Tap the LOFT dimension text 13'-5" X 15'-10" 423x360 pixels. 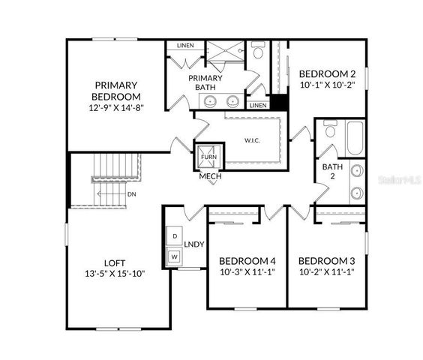(x=114, y=273)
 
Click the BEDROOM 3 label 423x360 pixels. (x=326, y=261)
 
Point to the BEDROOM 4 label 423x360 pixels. (x=247, y=261)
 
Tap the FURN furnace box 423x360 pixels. (x=208, y=156)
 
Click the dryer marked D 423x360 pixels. (x=174, y=235)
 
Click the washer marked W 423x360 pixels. (x=174, y=256)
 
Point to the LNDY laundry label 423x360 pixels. (x=194, y=244)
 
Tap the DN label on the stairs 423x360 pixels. (x=131, y=194)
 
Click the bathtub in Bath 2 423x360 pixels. (x=352, y=138)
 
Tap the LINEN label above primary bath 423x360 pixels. (x=185, y=46)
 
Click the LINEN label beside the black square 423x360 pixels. (x=257, y=106)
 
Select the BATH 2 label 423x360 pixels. (x=328, y=172)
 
